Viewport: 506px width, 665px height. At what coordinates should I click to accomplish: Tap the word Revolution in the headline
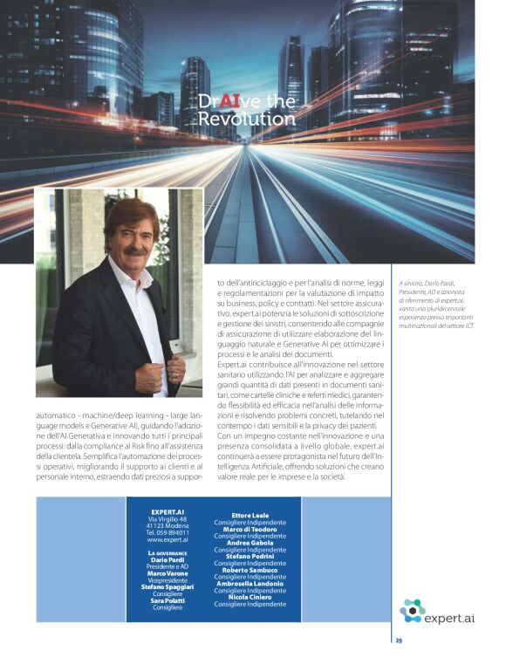click(246, 119)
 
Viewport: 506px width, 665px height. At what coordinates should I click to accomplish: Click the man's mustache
click(135, 250)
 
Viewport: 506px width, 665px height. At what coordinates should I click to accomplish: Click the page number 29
click(399, 641)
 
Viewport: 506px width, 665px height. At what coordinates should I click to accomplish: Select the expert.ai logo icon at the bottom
click(412, 610)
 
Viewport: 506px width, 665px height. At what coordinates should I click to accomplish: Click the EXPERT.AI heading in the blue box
click(167, 511)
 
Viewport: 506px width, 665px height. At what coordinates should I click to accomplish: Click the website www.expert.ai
click(168, 540)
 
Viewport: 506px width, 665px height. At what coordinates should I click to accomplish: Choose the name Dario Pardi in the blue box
click(168, 559)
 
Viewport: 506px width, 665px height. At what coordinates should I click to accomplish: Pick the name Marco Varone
click(168, 573)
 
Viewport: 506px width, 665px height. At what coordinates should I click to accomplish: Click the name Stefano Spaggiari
click(168, 586)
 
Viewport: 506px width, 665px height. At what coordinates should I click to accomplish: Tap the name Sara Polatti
click(168, 600)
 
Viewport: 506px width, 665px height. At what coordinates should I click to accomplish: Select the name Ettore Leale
click(250, 515)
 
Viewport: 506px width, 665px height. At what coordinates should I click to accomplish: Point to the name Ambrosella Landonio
click(250, 583)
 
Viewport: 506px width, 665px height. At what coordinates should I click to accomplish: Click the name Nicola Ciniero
click(250, 597)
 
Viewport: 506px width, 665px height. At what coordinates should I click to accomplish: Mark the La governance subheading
click(168, 552)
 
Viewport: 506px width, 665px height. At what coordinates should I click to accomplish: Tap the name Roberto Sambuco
click(250, 570)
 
